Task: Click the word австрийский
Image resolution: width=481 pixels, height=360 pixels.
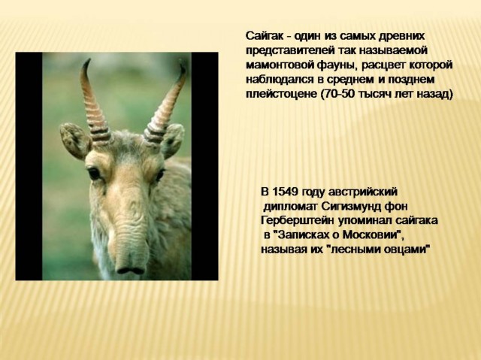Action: [x=362, y=192]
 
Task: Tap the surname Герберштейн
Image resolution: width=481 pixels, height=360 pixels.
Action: [x=298, y=221]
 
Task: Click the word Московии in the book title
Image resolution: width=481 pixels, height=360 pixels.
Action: [x=368, y=235]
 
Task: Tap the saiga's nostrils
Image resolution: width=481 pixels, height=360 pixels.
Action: [x=130, y=271]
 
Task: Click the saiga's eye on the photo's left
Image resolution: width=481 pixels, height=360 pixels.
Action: [x=94, y=174]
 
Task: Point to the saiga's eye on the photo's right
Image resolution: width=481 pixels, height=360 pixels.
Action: [x=159, y=175]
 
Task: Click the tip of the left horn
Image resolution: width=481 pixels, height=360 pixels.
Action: [x=90, y=59]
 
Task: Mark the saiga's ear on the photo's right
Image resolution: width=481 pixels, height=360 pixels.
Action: [x=174, y=140]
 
